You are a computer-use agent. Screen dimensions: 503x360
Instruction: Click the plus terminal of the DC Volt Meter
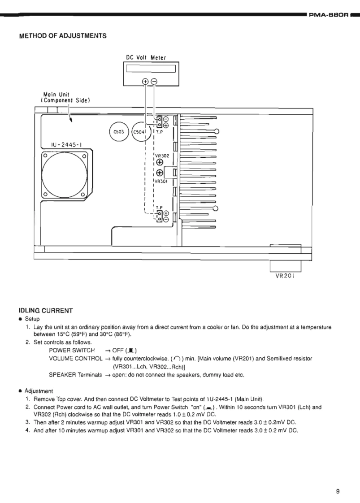tap(145, 81)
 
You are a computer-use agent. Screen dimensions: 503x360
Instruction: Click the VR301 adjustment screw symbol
tap(160, 173)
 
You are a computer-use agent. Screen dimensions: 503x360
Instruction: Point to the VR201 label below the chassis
tap(285, 276)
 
